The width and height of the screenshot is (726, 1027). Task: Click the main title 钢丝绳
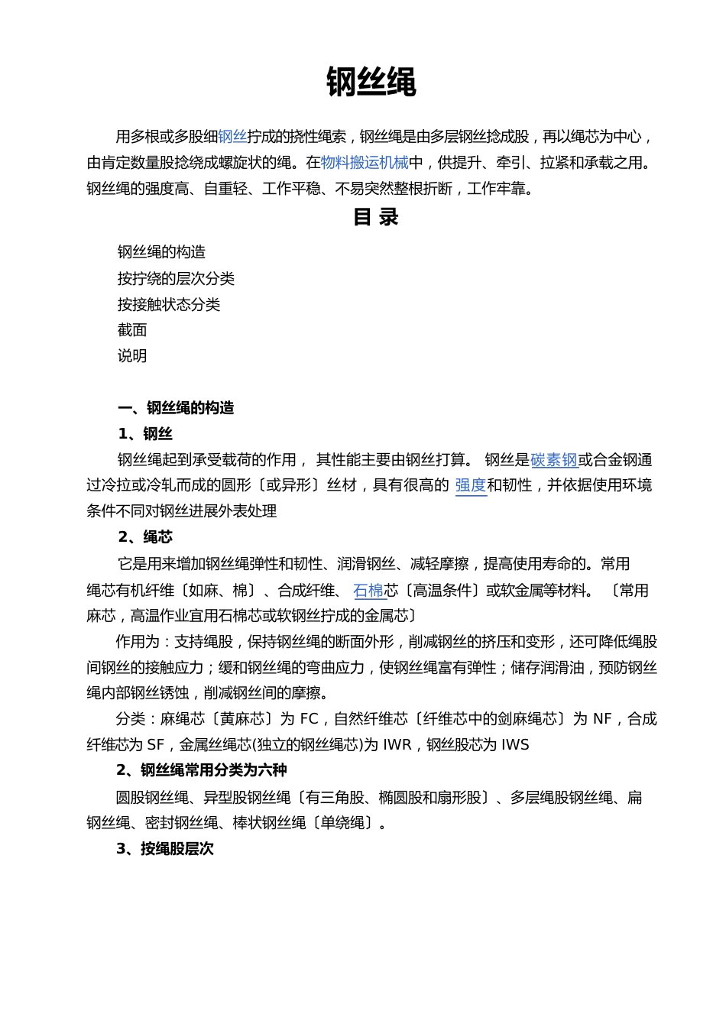pos(371,82)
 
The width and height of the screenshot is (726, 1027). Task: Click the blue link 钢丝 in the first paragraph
pos(232,137)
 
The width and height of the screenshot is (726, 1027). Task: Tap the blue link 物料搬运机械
pos(365,163)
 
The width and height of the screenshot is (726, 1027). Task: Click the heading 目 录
pos(375,218)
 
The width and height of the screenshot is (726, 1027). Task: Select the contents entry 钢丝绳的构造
pos(161,252)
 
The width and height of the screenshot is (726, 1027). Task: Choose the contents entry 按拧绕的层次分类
pos(176,279)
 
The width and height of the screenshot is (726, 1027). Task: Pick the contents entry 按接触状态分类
pos(168,305)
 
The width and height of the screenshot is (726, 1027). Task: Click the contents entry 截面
pos(132,330)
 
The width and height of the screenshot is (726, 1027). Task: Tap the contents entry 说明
pos(132,356)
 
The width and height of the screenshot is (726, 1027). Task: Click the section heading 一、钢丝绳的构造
pos(176,408)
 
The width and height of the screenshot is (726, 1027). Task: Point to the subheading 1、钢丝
pos(145,434)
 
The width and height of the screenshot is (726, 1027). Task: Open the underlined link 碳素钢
pos(554,460)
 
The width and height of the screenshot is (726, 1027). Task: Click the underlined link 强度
pos(471,485)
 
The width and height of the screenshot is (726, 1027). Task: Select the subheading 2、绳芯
pos(145,536)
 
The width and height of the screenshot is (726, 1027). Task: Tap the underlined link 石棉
pos(368,591)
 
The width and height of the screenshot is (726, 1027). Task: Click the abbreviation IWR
pos(397,745)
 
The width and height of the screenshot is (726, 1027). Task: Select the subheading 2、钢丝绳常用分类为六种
pos(202,770)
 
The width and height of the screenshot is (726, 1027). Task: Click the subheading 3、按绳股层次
pos(165,849)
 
